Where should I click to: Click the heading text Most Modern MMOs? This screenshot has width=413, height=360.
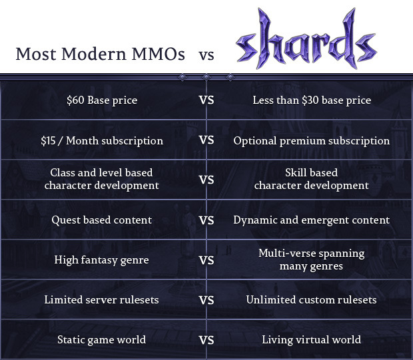click(101, 54)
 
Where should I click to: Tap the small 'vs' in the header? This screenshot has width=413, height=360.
click(206, 55)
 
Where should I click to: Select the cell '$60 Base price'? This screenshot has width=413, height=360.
click(102, 100)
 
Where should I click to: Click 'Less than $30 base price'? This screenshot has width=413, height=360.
click(312, 100)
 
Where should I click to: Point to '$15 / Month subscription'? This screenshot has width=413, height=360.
click(102, 140)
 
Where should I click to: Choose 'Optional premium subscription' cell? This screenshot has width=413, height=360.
click(312, 140)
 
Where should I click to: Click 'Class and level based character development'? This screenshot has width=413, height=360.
click(102, 179)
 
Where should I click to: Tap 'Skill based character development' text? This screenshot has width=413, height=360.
click(312, 179)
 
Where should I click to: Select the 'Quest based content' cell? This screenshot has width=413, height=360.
click(102, 220)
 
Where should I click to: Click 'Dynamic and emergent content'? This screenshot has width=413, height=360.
click(312, 220)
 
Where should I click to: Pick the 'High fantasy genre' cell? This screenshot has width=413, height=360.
click(102, 260)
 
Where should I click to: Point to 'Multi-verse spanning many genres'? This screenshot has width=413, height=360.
click(312, 260)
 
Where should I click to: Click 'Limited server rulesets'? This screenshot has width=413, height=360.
click(102, 299)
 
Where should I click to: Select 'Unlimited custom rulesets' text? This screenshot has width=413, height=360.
click(312, 299)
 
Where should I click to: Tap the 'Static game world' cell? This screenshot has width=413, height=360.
click(102, 339)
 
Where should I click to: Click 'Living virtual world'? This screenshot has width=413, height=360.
click(312, 339)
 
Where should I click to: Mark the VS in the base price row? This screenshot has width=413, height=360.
click(206, 100)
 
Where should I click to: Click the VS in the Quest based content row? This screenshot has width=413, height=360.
click(206, 220)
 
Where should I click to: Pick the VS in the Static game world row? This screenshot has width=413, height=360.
click(206, 339)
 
